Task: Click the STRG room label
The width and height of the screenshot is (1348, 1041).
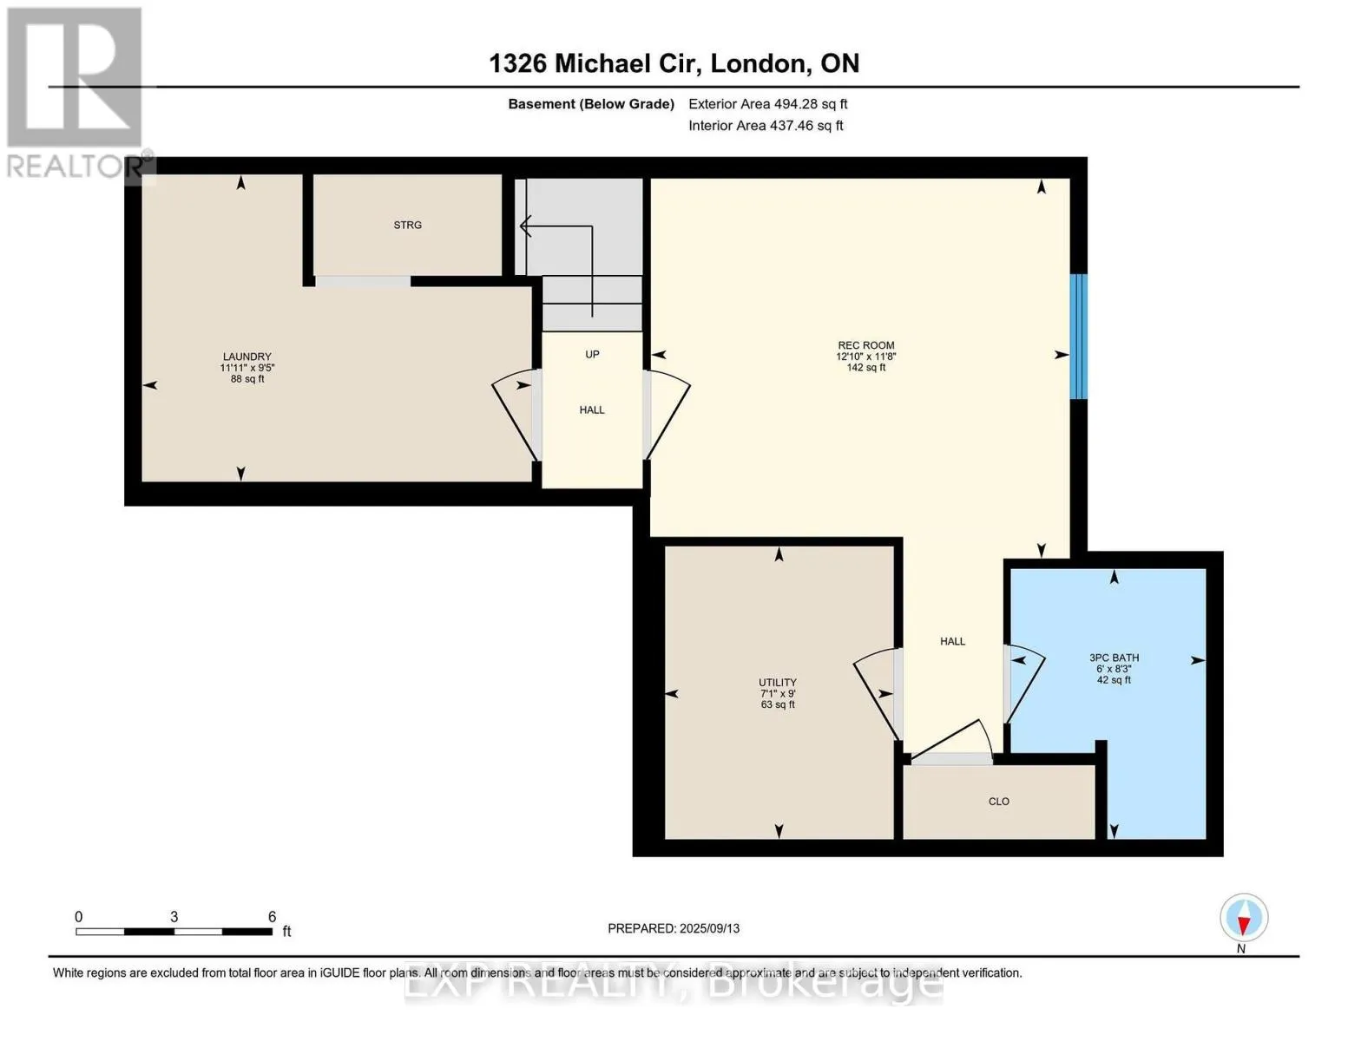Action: pos(407,225)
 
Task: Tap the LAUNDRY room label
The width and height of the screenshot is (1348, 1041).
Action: pos(247,357)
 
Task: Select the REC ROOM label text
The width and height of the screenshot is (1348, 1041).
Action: pos(866,345)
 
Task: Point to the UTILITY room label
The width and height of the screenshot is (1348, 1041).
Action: pos(777,682)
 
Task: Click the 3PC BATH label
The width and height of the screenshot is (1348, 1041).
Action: pos(1115,658)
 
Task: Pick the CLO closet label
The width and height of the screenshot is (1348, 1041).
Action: pos(999,801)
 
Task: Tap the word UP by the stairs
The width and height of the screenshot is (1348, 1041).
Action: pos(593,354)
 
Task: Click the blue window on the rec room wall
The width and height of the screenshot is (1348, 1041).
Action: pos(1079,337)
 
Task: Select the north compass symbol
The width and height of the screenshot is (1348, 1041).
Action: pos(1244,918)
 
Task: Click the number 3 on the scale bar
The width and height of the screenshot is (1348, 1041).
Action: pos(174,916)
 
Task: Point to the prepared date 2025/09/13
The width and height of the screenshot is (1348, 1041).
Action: pos(710,928)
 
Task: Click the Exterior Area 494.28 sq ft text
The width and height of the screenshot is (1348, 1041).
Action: pos(768,104)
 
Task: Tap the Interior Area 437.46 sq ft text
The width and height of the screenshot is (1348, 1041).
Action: pos(766,125)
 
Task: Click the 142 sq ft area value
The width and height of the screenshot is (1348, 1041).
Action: pos(866,368)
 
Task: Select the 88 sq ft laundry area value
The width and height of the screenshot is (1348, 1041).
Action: pos(247,379)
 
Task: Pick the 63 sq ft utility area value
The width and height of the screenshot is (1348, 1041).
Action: pos(777,704)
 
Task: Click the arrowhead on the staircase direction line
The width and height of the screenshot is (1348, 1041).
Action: pos(525,226)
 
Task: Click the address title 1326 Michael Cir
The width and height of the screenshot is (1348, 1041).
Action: pos(595,63)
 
